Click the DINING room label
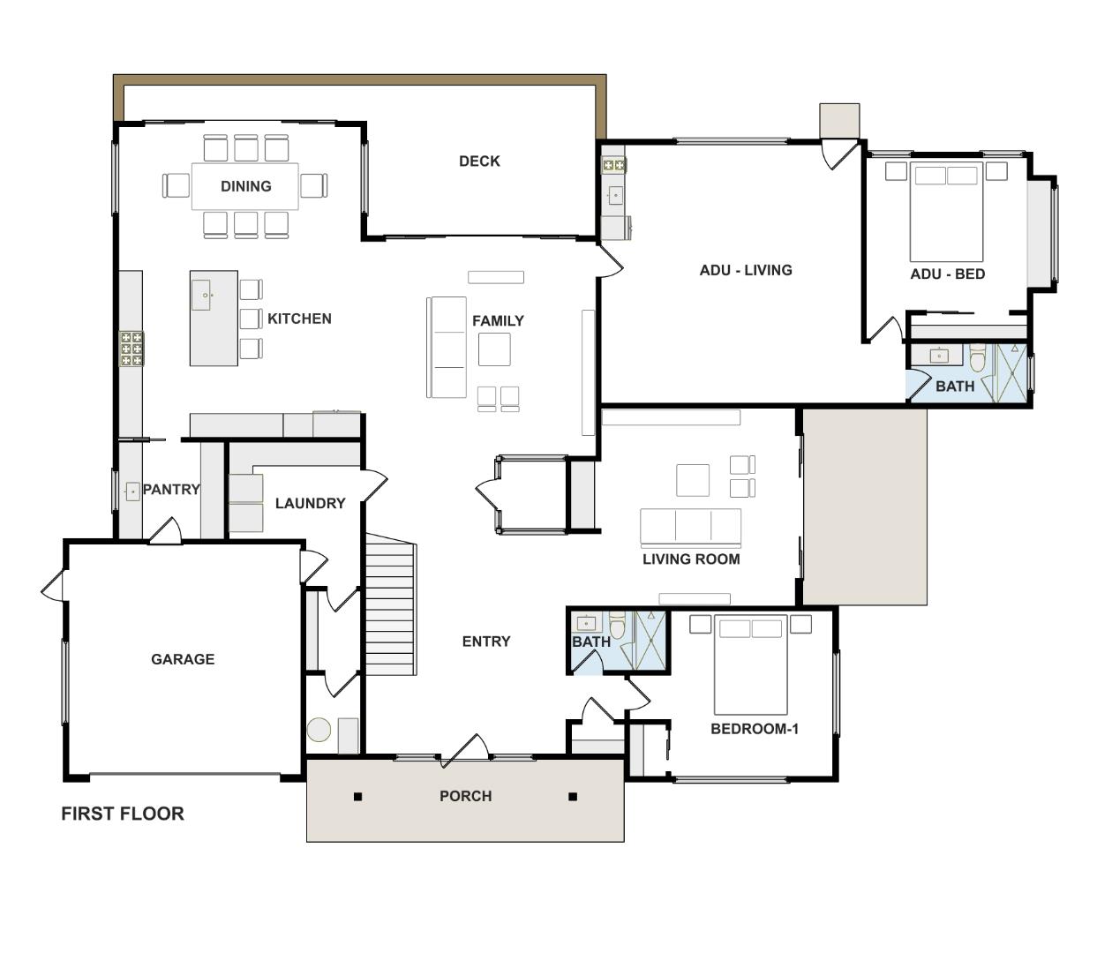click(245, 186)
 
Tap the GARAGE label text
click(183, 659)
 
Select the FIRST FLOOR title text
click(123, 814)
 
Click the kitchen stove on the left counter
click(131, 349)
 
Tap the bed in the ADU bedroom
click(947, 212)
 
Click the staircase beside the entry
click(390, 609)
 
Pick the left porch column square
click(357, 797)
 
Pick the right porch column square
click(573, 797)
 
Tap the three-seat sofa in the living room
click(690, 527)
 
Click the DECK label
click(479, 161)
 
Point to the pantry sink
click(132, 492)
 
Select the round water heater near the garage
click(319, 730)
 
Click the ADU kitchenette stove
click(613, 165)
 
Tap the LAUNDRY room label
click(310, 503)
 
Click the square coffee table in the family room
click(494, 349)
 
